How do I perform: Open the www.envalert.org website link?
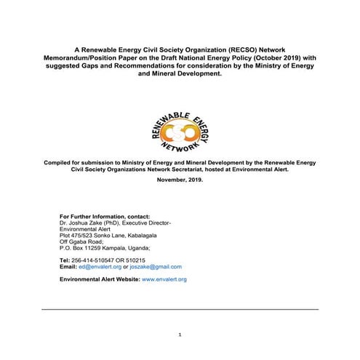164,279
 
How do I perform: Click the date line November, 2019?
180,180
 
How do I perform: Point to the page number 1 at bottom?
180,334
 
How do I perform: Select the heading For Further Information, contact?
104,216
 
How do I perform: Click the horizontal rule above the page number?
180,309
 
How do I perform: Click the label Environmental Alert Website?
100,279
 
